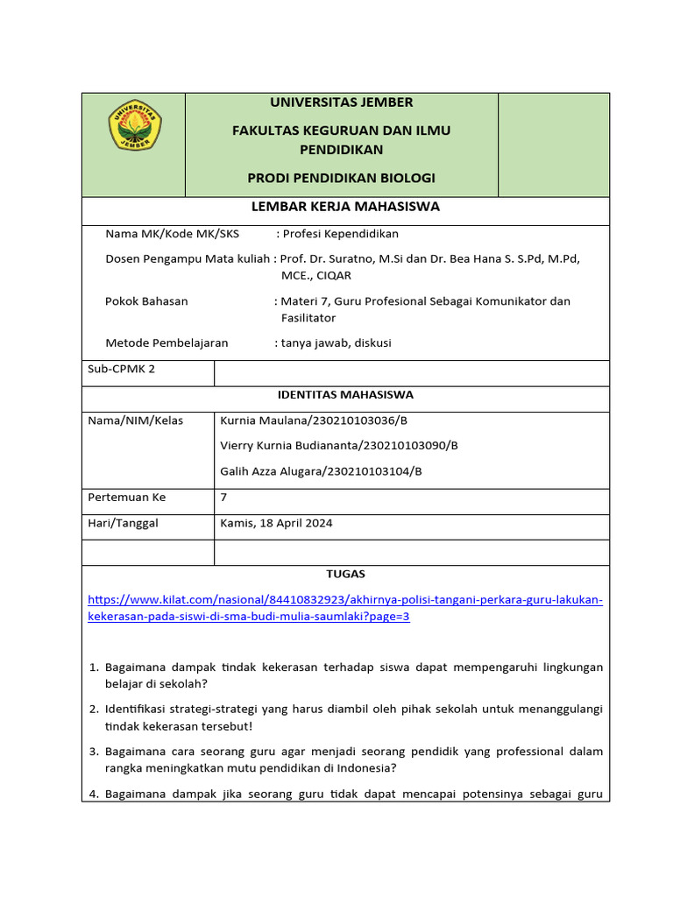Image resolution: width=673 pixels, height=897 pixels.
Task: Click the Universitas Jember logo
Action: [x=134, y=125]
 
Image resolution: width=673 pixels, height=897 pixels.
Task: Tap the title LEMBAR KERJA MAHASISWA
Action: [x=345, y=207]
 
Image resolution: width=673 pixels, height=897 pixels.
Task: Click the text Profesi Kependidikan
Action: [x=340, y=234]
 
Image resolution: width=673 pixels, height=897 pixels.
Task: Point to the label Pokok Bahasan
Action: [x=146, y=301]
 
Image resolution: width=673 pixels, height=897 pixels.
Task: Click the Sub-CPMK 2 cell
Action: [x=122, y=369]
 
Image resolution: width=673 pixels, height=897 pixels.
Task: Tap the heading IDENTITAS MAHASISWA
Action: [x=345, y=395]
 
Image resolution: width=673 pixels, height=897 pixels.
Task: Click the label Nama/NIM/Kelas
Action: [x=136, y=420]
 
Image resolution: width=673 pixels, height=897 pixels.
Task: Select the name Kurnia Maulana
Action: [x=259, y=420]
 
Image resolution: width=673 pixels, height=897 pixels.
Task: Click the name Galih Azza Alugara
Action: [x=270, y=471]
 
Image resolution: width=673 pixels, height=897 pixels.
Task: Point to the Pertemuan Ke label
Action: [x=127, y=498]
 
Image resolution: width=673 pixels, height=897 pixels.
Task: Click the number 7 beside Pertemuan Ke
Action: [x=223, y=498]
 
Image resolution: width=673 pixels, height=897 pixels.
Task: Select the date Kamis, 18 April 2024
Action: [x=276, y=524]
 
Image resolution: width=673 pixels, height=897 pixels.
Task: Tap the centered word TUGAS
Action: [x=345, y=575]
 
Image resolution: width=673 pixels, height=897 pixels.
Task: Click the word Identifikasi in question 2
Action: [x=137, y=709]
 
